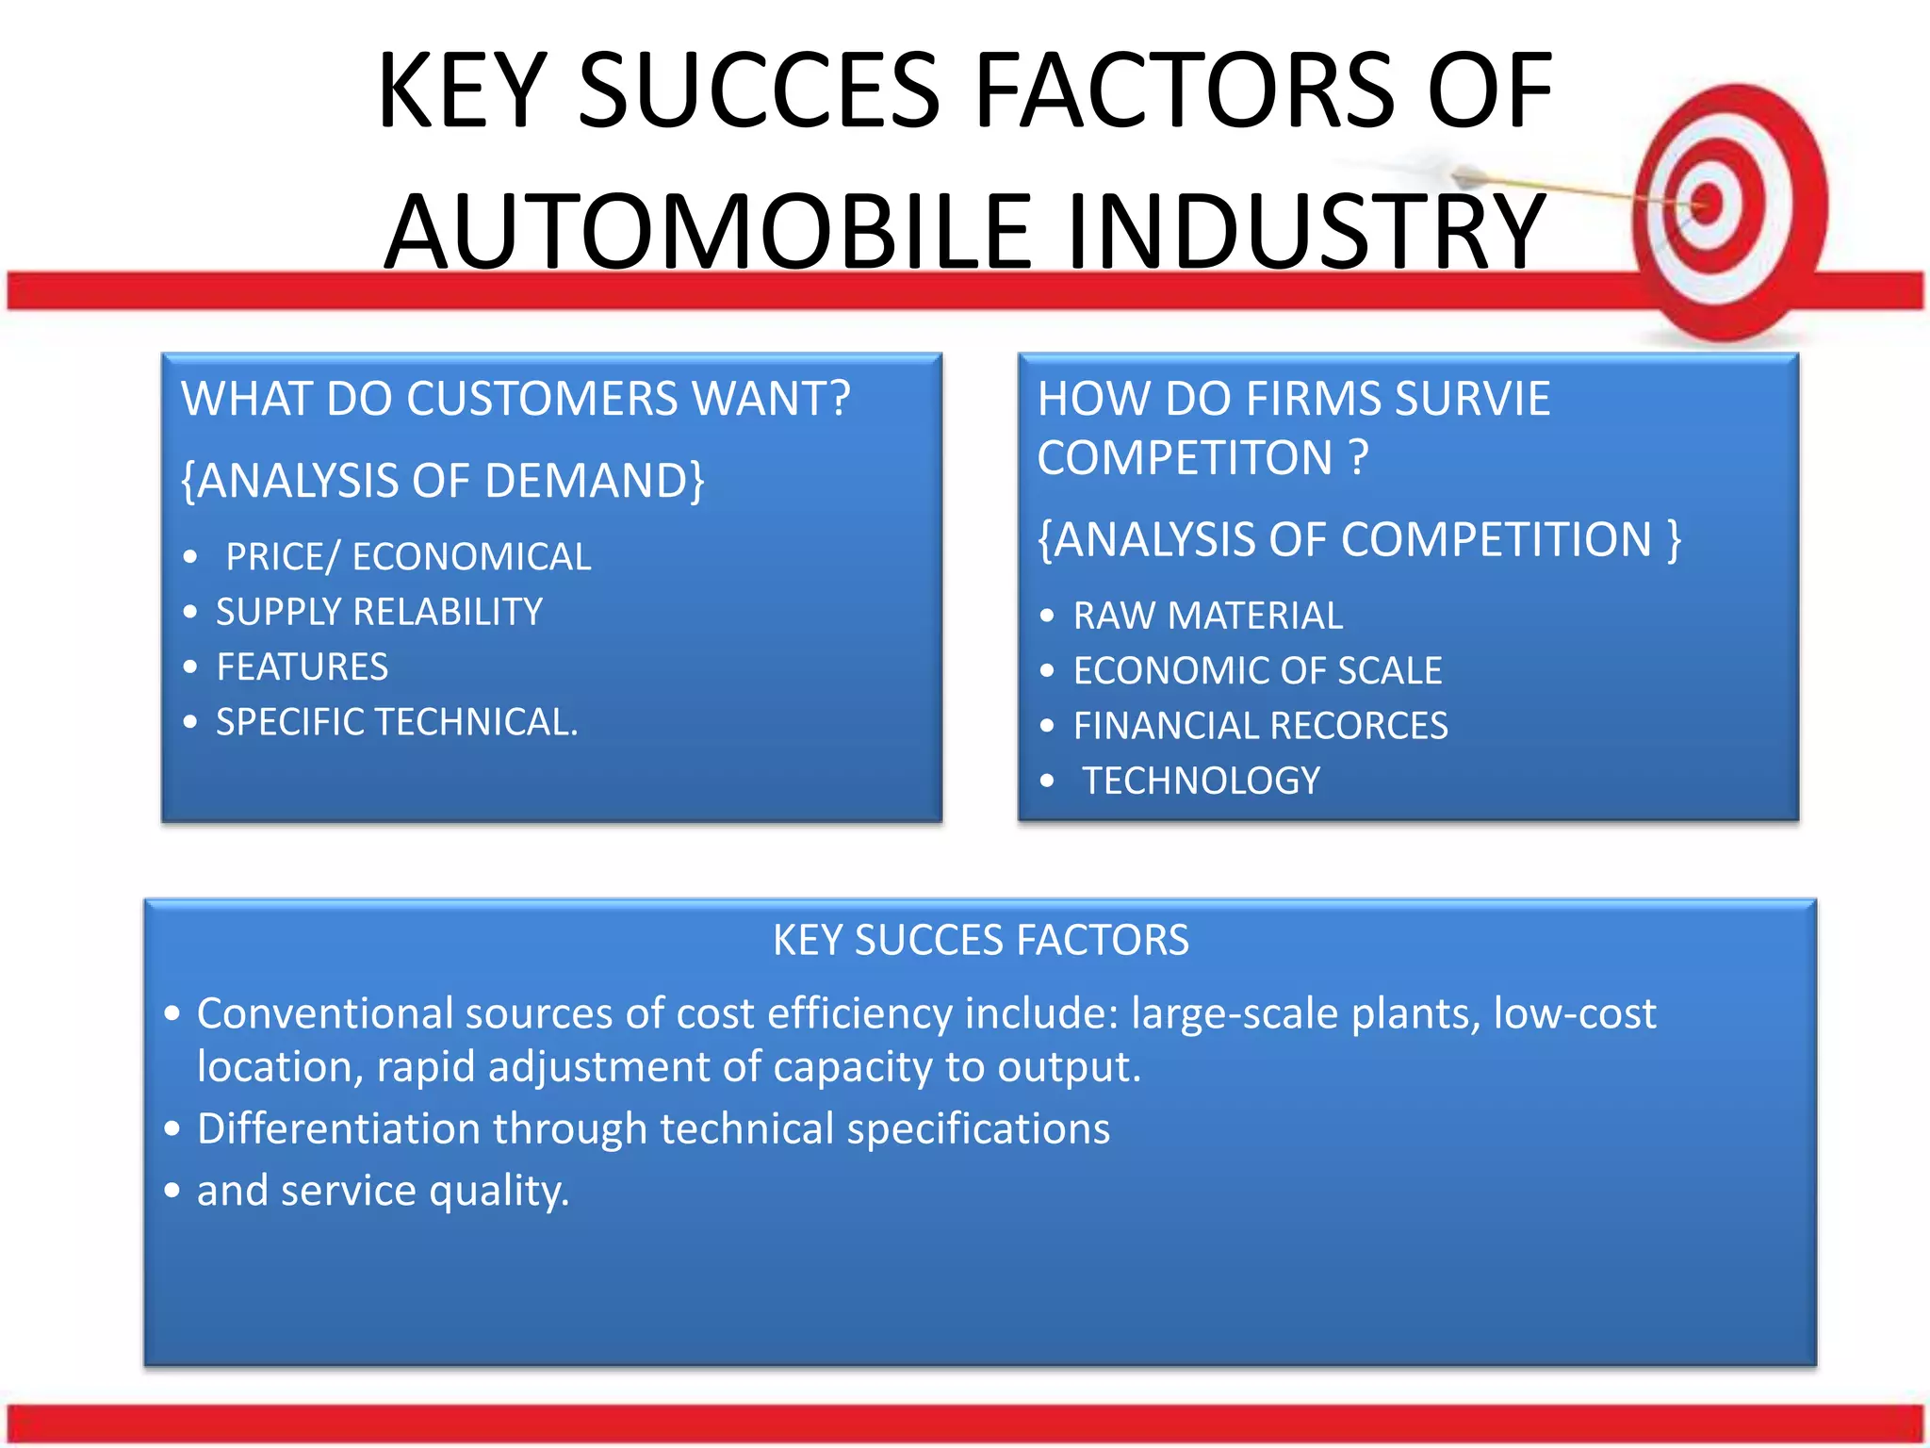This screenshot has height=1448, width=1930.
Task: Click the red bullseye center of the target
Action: [x=1707, y=203]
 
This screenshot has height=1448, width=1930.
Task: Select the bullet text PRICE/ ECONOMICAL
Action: [x=408, y=557]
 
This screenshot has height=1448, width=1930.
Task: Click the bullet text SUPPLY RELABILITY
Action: [x=379, y=612]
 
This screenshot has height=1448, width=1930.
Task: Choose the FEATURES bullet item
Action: [x=302, y=666]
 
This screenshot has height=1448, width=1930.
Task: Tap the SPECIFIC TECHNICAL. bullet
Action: [x=397, y=722]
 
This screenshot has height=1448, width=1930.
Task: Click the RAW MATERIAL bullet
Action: [x=1207, y=616]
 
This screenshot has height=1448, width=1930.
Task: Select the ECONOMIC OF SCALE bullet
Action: [x=1257, y=670]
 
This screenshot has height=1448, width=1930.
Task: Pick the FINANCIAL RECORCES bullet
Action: [x=1260, y=726]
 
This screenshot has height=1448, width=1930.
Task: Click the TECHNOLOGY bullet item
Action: [x=1201, y=781]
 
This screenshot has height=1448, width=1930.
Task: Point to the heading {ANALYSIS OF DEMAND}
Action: [x=442, y=481]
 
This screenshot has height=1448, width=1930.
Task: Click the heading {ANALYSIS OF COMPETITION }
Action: [x=1358, y=540]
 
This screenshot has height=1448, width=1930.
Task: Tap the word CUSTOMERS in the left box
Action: [x=542, y=399]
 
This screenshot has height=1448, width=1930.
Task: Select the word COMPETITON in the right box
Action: [x=1184, y=458]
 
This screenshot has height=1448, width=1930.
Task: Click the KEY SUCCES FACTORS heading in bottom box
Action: [x=980, y=940]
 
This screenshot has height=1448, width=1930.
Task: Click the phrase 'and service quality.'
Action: [x=383, y=1191]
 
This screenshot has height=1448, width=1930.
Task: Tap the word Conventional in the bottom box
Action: [x=324, y=1013]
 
